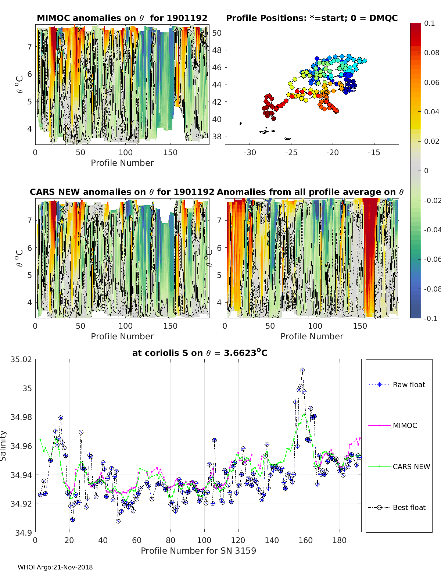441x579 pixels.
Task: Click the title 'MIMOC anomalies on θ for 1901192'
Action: (122, 18)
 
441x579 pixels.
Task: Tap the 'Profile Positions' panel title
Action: (312, 18)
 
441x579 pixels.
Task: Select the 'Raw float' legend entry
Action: (409, 385)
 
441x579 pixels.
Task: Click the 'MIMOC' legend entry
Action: (405, 425)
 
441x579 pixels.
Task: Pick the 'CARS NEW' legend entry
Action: (411, 467)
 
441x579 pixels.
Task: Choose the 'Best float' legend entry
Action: (409, 507)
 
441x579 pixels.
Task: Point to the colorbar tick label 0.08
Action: (431, 53)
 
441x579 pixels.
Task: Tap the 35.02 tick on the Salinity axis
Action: (21, 359)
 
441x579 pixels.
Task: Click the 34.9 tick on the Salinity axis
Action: (24, 532)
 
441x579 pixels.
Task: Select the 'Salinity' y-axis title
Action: (3, 446)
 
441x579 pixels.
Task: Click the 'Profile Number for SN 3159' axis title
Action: (198, 550)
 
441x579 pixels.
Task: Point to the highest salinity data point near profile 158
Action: (302, 370)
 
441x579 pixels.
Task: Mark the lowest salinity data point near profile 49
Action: (118, 521)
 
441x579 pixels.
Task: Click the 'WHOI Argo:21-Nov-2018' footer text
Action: (55, 567)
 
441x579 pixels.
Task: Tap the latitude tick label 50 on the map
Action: (217, 33)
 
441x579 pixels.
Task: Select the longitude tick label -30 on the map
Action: (250, 153)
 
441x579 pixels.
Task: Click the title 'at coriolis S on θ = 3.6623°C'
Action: (200, 353)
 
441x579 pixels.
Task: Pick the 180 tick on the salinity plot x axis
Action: (340, 540)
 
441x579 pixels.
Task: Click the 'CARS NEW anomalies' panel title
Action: (122, 192)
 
